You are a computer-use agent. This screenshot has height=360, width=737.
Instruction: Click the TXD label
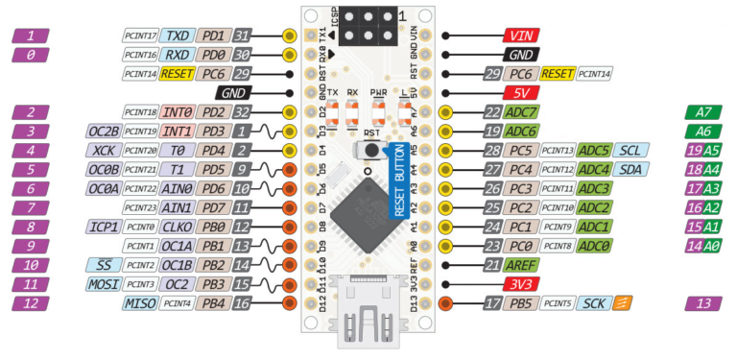pyautogui.click(x=177, y=36)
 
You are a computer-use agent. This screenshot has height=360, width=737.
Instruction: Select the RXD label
pyautogui.click(x=177, y=55)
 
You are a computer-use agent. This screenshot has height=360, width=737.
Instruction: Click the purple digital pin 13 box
pyautogui.click(x=705, y=303)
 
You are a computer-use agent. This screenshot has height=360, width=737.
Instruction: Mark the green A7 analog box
pyautogui.click(x=705, y=112)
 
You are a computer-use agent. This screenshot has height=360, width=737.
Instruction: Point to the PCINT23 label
pyautogui.click(x=140, y=208)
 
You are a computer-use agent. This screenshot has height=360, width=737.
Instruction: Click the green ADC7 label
pyautogui.click(x=524, y=112)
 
